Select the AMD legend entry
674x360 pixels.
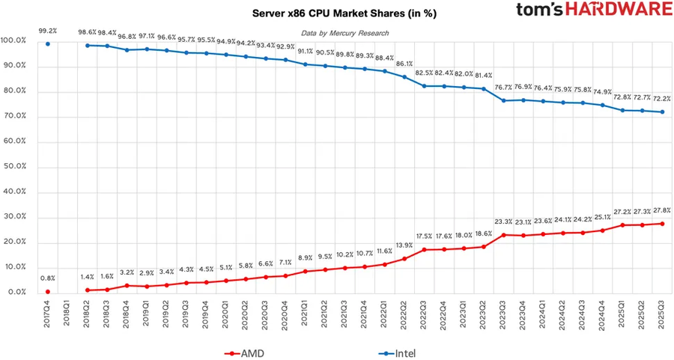pyautogui.click(x=246, y=352)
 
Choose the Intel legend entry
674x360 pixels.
pyautogui.click(x=397, y=352)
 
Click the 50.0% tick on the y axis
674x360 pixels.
pyautogui.click(x=14, y=167)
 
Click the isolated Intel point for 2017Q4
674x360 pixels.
pyautogui.click(x=48, y=43)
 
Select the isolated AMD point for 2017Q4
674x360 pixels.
pyautogui.click(x=48, y=292)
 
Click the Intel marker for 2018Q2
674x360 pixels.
pyautogui.click(x=88, y=46)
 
